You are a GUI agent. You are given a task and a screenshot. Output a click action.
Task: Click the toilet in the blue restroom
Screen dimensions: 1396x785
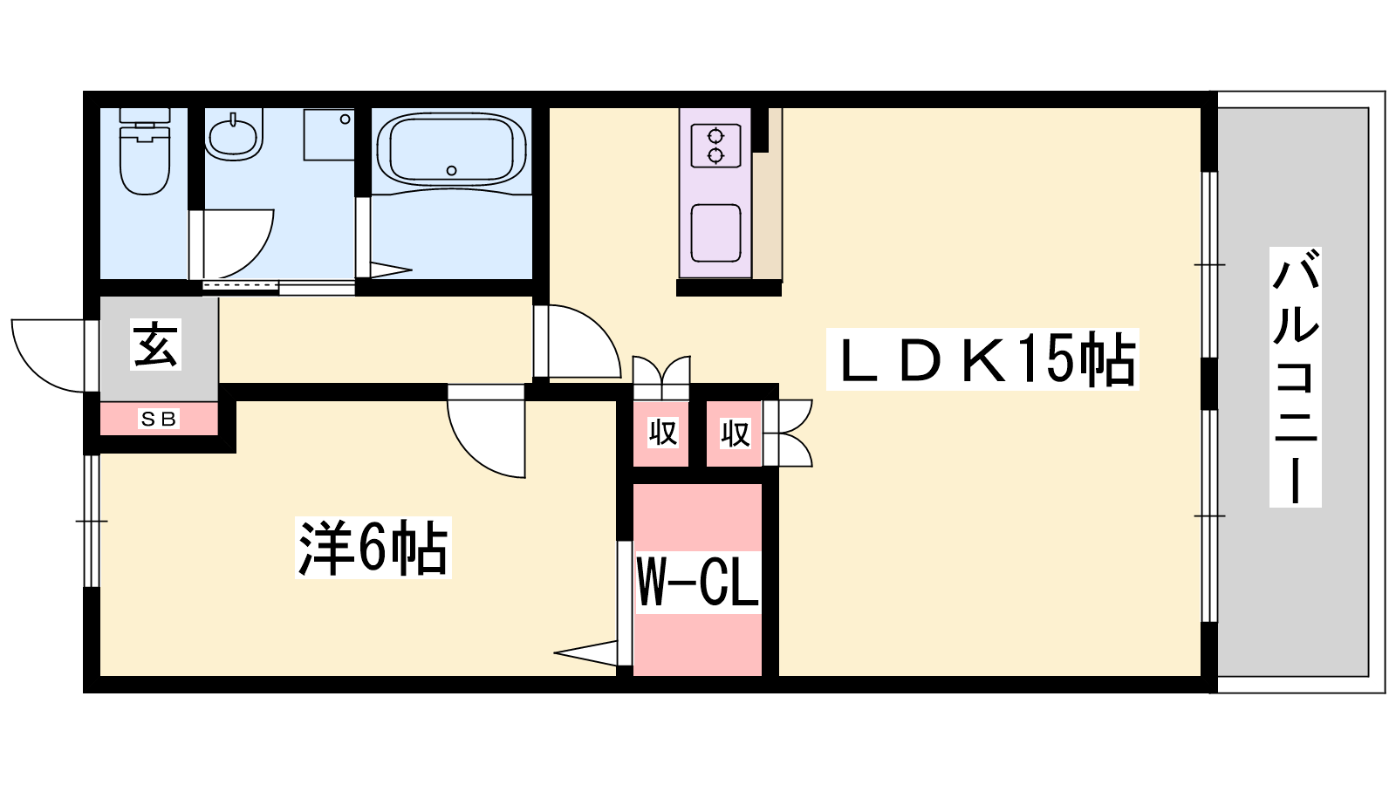(145, 151)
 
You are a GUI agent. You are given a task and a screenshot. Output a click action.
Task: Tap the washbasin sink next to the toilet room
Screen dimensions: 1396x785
(234, 136)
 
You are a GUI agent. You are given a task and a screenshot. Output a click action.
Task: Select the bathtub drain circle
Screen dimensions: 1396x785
(451, 170)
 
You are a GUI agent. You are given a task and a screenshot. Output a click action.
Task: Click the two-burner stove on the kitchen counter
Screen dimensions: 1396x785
(715, 145)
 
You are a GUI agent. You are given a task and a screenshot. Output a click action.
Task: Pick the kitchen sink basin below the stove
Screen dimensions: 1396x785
(715, 233)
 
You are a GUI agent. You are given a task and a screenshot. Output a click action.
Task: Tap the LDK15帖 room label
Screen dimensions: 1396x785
(982, 359)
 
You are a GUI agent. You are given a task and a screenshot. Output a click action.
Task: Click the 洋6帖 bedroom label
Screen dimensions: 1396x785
(373, 548)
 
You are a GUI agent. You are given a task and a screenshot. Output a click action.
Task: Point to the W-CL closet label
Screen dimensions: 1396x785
(697, 583)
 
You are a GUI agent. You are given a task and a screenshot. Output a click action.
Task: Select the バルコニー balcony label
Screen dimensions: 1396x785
(1296, 377)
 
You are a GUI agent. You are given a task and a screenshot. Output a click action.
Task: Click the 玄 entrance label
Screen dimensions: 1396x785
(155, 345)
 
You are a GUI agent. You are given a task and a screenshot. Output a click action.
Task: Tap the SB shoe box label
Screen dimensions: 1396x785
(159, 420)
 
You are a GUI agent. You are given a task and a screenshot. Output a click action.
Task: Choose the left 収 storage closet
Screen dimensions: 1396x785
(661, 433)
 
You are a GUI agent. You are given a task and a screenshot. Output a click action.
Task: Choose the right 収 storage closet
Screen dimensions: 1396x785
(734, 433)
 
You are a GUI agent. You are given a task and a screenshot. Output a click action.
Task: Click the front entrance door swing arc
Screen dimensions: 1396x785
(49, 356)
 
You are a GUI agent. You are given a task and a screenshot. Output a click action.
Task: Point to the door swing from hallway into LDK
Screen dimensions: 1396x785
(577, 341)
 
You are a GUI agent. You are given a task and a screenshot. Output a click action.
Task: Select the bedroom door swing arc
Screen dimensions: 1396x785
(487, 432)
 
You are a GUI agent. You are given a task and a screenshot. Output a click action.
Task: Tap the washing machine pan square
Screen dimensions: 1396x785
(329, 135)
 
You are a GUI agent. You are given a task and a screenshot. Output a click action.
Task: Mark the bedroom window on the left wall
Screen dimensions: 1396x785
(92, 521)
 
